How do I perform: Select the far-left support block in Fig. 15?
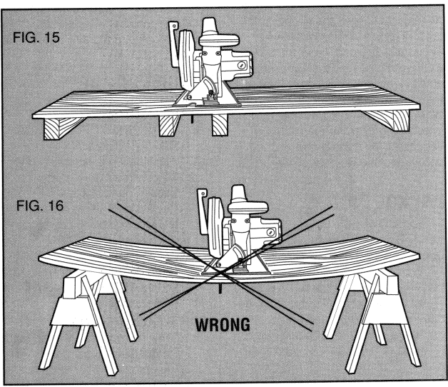pyautogui.click(x=59, y=129)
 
